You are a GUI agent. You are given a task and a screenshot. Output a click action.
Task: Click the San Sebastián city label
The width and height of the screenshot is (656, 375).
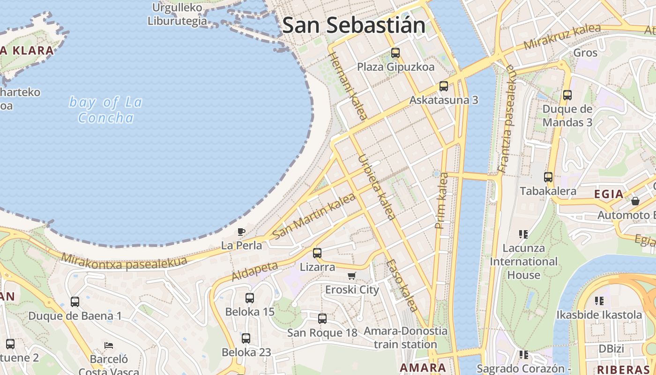pyautogui.click(x=354, y=25)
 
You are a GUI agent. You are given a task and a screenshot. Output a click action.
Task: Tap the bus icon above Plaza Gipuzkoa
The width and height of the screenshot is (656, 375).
pyautogui.click(x=395, y=53)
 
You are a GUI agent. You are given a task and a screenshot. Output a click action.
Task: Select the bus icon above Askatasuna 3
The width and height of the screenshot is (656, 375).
pyautogui.click(x=444, y=86)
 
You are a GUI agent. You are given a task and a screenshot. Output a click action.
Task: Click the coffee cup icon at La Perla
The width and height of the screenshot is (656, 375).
pyautogui.click(x=241, y=232)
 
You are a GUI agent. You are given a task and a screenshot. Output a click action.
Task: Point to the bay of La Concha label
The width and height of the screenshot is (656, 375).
pyautogui.click(x=105, y=110)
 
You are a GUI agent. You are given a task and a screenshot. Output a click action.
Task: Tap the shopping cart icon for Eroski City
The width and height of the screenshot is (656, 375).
pyautogui.click(x=351, y=276)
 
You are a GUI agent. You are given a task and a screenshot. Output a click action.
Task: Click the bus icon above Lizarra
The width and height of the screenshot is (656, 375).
pyautogui.click(x=317, y=253)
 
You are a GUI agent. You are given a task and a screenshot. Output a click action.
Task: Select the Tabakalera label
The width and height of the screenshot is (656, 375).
pyautogui.click(x=548, y=191)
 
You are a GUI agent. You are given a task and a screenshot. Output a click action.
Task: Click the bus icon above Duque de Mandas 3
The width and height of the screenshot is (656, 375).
pyautogui.click(x=567, y=95)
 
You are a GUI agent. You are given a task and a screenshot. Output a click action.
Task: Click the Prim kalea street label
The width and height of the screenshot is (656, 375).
pyautogui.click(x=441, y=201)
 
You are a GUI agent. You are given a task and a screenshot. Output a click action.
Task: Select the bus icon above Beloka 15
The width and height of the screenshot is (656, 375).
pyautogui.click(x=250, y=298)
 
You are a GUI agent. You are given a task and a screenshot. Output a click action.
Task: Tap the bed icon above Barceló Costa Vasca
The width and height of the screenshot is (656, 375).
pyautogui.click(x=109, y=345)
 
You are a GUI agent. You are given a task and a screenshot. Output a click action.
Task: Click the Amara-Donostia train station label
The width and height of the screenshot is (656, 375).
pyautogui.click(x=406, y=337)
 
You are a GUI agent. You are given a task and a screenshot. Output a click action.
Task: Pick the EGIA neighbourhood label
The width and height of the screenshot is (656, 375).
pyautogui.click(x=609, y=194)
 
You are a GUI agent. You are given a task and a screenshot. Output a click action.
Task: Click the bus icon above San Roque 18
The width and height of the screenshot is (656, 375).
pyautogui.click(x=322, y=319)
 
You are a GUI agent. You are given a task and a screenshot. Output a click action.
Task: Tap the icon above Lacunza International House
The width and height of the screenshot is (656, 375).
pyautogui.click(x=523, y=234)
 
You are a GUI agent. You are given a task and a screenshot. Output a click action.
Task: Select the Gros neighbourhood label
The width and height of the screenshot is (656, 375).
pyautogui.click(x=586, y=52)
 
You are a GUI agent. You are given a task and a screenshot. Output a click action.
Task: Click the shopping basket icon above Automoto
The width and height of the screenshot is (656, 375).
pyautogui.click(x=635, y=201)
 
